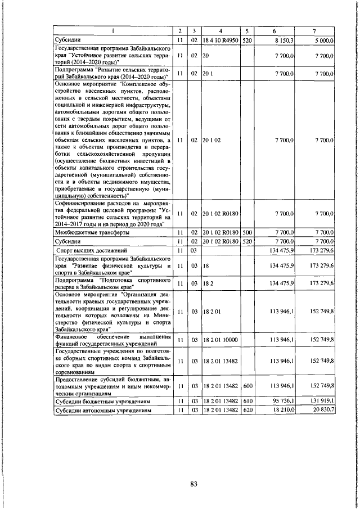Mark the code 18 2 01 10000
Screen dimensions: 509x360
[220, 340]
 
